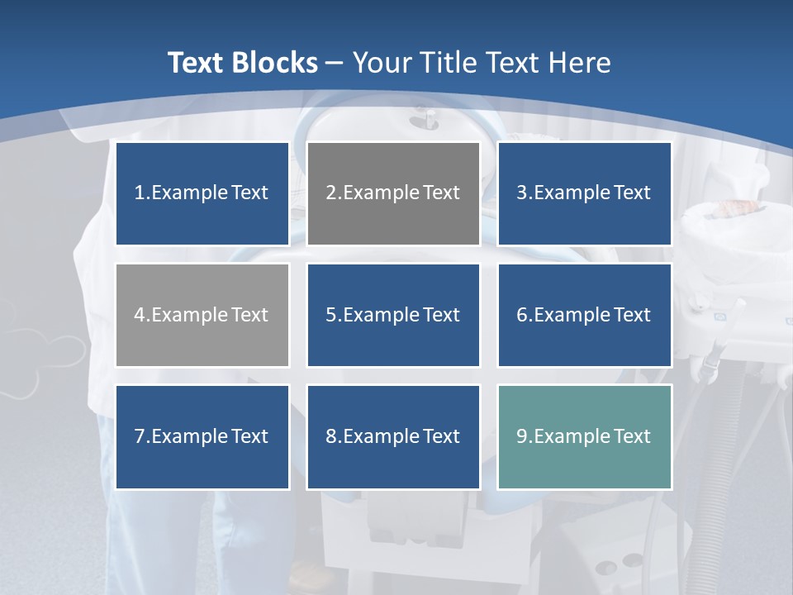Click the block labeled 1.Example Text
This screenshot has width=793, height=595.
pyautogui.click(x=202, y=193)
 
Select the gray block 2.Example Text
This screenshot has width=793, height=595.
pyautogui.click(x=393, y=193)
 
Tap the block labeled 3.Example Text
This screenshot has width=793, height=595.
pyautogui.click(x=584, y=193)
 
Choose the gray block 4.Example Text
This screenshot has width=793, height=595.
pyautogui.click(x=202, y=315)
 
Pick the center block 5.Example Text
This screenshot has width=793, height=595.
pyautogui.click(x=393, y=315)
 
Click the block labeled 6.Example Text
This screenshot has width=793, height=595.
pyautogui.click(x=584, y=315)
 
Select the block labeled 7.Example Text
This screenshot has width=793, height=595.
pyautogui.click(x=202, y=436)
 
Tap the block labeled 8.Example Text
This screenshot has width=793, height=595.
pyautogui.click(x=393, y=436)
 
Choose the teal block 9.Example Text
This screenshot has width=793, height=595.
pyautogui.click(x=584, y=436)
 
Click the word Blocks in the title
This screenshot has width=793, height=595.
pyautogui.click(x=275, y=63)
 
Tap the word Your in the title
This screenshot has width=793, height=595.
pyautogui.click(x=382, y=63)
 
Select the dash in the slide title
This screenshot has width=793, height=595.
pyautogui.click(x=335, y=63)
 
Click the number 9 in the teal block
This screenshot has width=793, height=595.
pyautogui.click(x=522, y=436)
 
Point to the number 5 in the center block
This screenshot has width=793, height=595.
pyautogui.click(x=330, y=315)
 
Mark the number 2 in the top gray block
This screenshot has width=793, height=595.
pyautogui.click(x=330, y=193)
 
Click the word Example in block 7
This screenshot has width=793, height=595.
pyautogui.click(x=189, y=436)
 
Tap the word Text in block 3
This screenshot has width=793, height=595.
pyautogui.click(x=632, y=193)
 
